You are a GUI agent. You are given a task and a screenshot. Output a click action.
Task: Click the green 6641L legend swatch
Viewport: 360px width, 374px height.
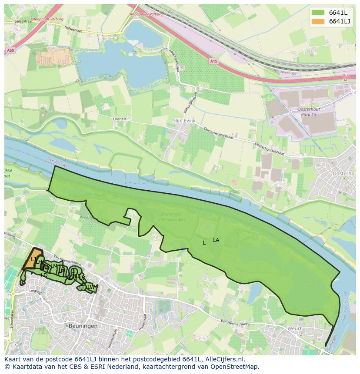point(318,13)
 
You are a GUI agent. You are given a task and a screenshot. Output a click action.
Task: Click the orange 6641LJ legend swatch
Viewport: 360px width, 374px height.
point(318,21)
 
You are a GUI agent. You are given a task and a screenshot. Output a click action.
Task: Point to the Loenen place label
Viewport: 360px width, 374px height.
point(119,119)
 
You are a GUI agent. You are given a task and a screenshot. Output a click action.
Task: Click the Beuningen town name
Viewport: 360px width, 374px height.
point(83,325)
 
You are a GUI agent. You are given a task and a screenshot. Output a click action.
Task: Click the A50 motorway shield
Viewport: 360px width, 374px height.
point(10,51)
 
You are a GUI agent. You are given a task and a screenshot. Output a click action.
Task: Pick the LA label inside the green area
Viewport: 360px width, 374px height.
point(216,240)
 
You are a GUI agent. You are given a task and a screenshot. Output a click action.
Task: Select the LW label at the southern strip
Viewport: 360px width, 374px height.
point(91,287)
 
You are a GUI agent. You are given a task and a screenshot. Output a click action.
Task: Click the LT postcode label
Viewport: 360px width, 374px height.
point(82,288)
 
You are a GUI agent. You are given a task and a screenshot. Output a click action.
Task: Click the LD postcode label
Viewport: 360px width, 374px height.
point(44,275)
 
